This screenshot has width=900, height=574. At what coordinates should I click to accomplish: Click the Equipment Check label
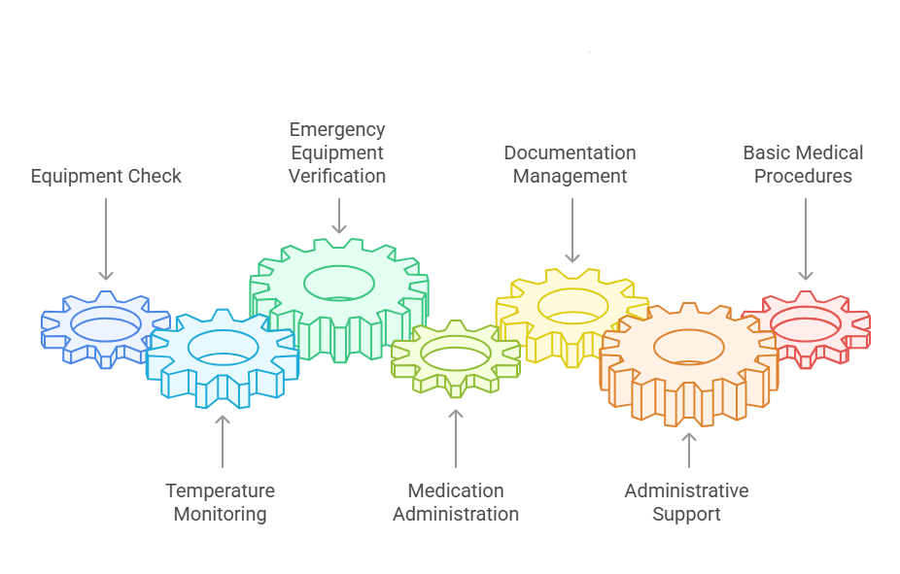(106, 177)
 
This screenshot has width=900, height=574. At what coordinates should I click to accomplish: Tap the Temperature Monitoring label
(220, 502)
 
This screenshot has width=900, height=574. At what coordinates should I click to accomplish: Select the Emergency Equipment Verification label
(337, 152)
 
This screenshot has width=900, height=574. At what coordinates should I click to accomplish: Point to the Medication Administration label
(456, 502)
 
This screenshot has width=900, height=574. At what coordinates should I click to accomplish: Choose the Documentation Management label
(570, 164)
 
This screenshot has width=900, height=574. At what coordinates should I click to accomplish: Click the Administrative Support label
(686, 502)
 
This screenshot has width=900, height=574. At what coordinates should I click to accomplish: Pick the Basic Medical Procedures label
(803, 164)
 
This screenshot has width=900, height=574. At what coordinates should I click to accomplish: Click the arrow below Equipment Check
(106, 239)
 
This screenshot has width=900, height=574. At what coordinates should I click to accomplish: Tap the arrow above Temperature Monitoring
(223, 441)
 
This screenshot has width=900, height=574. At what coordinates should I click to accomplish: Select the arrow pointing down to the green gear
(339, 216)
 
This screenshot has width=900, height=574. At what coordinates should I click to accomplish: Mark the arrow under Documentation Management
(572, 230)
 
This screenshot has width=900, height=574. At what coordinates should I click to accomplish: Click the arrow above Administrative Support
(689, 453)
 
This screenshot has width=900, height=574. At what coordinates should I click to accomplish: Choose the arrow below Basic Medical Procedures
(806, 239)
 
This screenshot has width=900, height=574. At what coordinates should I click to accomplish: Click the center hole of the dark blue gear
(106, 322)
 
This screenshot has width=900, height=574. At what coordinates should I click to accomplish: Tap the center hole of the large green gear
(339, 283)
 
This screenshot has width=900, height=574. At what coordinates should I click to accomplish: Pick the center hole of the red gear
(804, 323)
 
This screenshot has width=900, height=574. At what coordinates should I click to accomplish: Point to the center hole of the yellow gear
(572, 305)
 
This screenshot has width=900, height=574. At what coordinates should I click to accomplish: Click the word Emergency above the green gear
(337, 129)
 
